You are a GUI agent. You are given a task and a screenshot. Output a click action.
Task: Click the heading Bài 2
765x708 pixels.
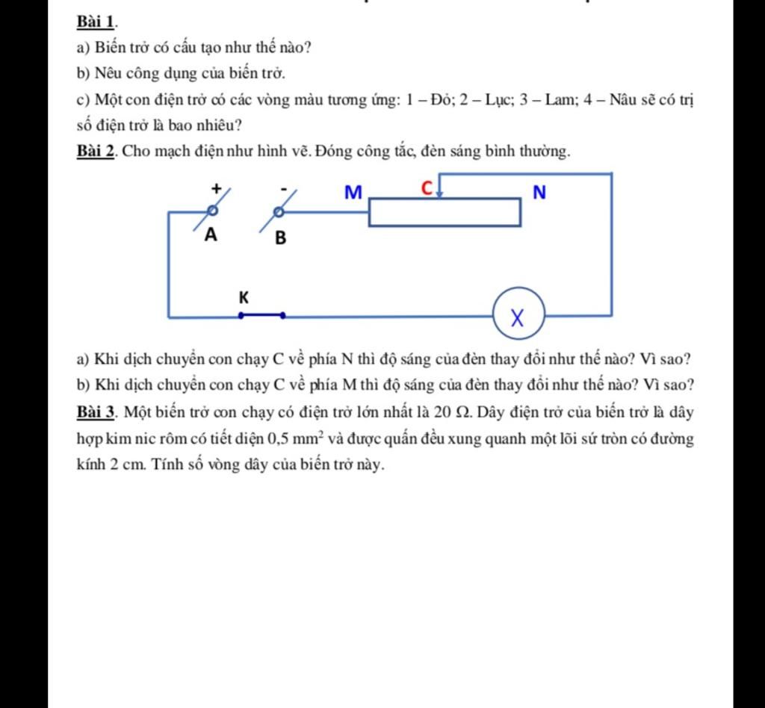point(95,152)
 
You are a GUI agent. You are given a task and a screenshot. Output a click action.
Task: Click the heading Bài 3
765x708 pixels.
point(95,412)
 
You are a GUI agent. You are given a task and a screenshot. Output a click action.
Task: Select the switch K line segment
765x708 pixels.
point(261,315)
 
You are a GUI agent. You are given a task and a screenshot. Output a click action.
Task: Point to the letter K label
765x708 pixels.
point(243,297)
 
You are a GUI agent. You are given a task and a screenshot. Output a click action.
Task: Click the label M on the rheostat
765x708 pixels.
point(352,193)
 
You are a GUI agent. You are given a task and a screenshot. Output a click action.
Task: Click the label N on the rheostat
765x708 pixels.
point(539,193)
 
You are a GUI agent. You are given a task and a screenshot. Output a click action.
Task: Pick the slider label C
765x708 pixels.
point(427,187)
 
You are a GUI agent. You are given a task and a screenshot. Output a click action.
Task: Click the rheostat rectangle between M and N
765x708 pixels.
point(445,212)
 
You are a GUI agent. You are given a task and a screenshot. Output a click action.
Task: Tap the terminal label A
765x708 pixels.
point(211,236)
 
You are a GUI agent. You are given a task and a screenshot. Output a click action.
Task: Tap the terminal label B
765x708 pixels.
point(281,238)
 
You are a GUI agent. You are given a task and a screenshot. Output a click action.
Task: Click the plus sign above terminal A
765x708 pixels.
point(216,188)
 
